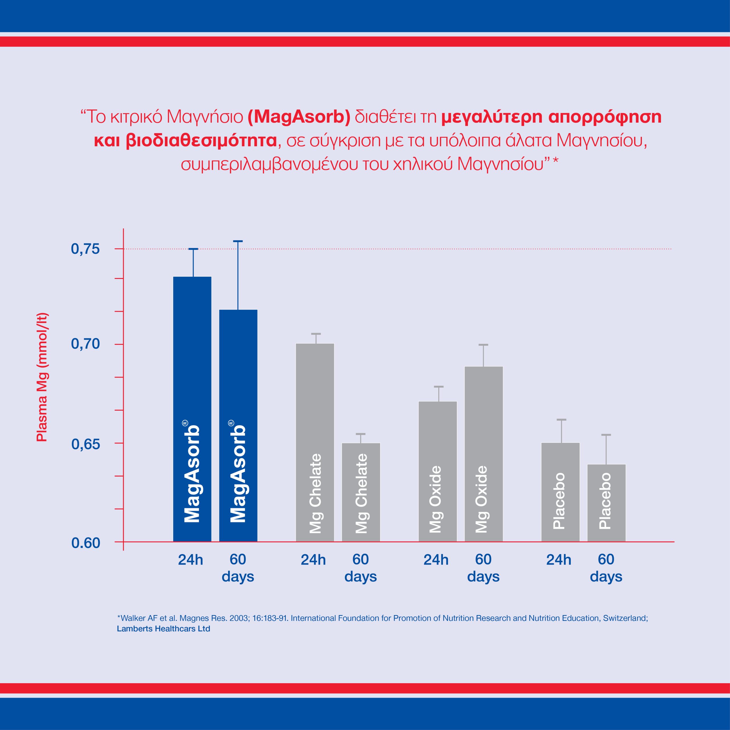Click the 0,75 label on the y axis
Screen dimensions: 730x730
(x=85, y=249)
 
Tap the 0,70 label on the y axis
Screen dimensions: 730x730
(x=85, y=344)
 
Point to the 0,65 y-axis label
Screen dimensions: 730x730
(x=85, y=444)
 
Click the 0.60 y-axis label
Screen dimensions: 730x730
(x=85, y=543)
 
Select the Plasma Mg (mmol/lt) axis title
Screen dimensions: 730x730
(x=42, y=377)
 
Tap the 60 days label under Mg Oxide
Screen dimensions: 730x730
(x=483, y=568)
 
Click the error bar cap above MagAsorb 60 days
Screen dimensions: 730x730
(x=238, y=241)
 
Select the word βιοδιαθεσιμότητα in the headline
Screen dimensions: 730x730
(x=201, y=140)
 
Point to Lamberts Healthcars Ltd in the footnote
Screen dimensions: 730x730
(x=163, y=628)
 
